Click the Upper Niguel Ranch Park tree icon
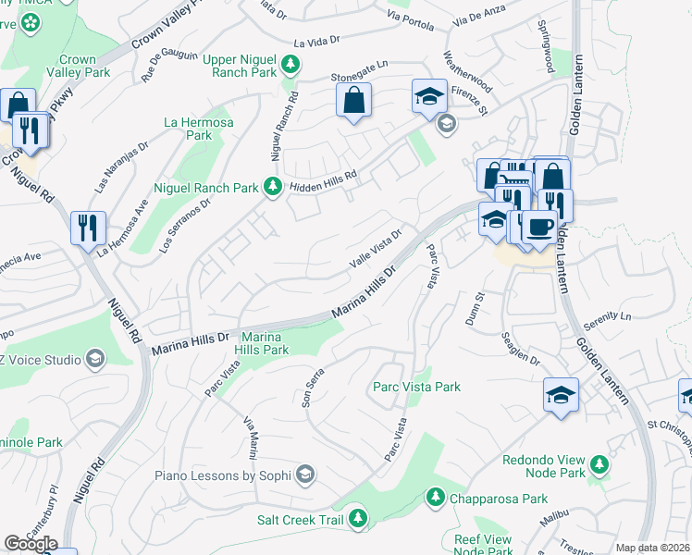point(290,64)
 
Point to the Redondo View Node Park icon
point(600,461)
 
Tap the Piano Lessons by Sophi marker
point(305,475)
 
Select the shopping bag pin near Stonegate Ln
point(353,101)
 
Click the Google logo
point(31,544)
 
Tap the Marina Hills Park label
point(265,343)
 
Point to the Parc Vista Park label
point(415,387)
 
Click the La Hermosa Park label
point(198,129)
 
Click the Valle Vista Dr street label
point(375,250)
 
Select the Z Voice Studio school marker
point(94,358)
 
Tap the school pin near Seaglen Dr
point(562,394)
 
